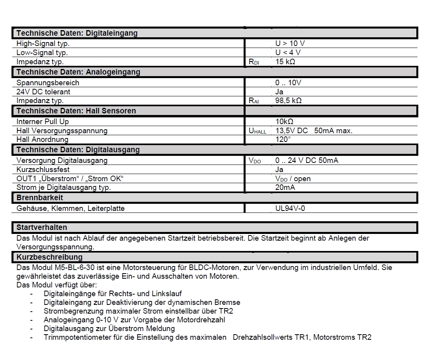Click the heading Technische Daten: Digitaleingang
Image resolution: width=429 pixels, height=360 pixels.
point(77,33)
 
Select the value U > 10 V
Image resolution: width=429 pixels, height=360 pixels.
point(290,44)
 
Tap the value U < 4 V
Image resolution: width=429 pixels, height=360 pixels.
point(288,52)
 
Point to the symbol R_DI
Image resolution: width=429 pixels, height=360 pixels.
point(254,62)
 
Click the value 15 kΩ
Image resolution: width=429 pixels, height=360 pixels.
point(285,61)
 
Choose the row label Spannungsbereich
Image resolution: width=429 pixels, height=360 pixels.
point(48,83)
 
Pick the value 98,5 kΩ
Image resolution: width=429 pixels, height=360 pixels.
point(288,100)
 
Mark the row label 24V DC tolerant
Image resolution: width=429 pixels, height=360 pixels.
point(44,92)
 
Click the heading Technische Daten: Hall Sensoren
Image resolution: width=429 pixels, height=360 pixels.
point(76,111)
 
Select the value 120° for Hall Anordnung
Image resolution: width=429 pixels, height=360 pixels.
point(283,139)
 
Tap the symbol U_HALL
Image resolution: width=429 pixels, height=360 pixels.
point(257,131)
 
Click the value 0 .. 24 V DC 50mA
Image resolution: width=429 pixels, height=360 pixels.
point(307,161)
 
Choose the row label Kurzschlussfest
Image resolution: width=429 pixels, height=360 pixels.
point(43,170)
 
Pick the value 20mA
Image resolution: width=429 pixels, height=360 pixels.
point(285,187)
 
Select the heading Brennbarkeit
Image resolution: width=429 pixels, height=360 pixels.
point(40,197)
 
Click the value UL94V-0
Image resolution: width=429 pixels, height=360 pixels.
point(290,208)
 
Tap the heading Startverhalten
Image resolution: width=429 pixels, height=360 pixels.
point(42,228)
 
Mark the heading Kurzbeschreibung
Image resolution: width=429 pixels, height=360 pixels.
point(50,257)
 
